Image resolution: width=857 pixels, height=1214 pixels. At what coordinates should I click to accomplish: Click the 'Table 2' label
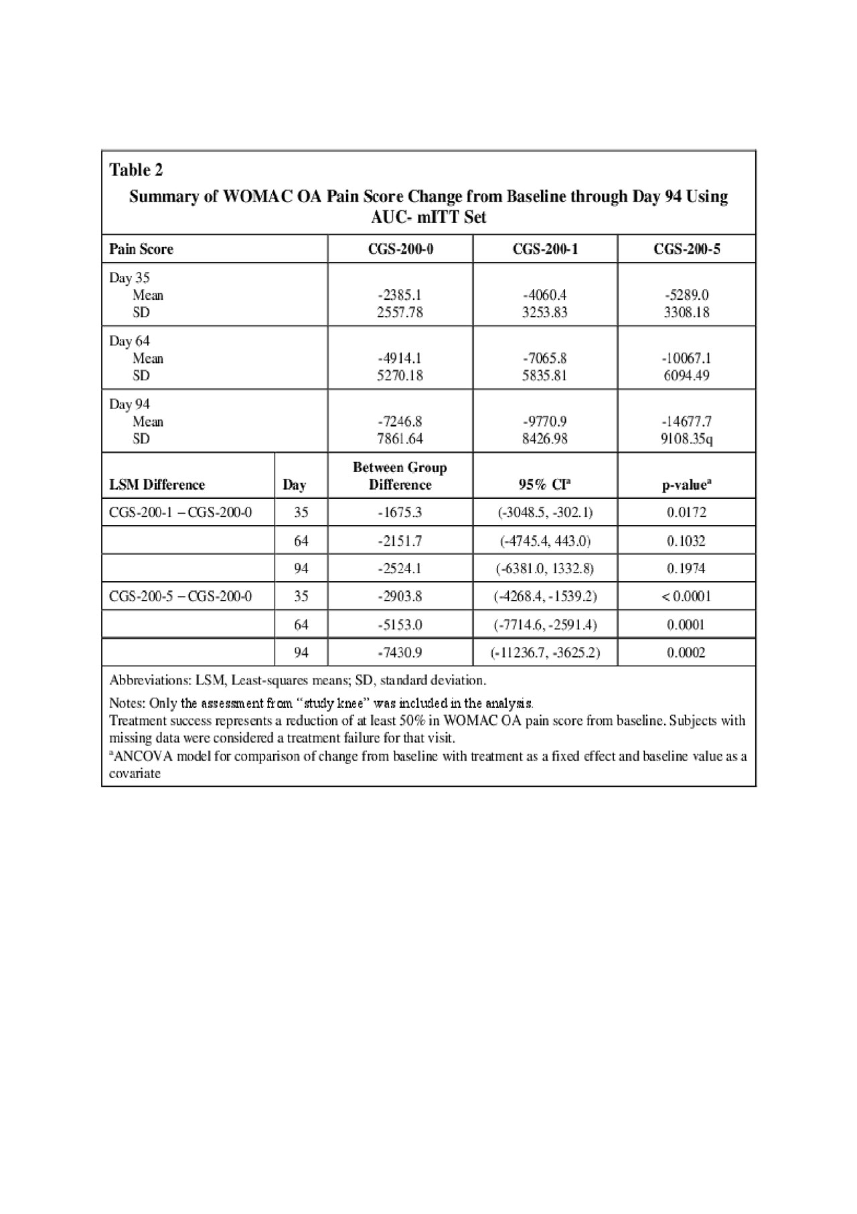tap(136, 170)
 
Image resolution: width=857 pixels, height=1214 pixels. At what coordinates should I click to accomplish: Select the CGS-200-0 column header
tap(400, 249)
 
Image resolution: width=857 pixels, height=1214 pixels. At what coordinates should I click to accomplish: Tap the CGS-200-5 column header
tap(686, 249)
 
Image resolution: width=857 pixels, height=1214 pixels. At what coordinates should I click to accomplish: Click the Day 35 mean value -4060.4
tap(545, 295)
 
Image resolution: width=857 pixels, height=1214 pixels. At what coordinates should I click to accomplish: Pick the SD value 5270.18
tap(400, 376)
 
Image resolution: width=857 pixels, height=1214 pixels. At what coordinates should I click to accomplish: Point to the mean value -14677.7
tap(686, 422)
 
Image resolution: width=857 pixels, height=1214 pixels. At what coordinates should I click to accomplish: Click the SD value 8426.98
tap(545, 439)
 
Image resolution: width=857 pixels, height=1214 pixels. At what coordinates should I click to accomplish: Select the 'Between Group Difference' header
tap(400, 476)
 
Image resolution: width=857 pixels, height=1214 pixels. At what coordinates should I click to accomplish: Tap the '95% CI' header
tap(545, 485)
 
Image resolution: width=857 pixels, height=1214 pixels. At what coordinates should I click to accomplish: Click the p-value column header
tap(686, 485)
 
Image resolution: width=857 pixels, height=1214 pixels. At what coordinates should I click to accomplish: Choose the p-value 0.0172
tap(686, 513)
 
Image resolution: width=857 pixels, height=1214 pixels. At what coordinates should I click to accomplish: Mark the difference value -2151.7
tap(400, 541)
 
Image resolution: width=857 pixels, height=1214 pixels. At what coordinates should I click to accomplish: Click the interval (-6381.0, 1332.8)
tap(545, 568)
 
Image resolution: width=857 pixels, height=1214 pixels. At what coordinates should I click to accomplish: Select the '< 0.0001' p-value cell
tap(686, 597)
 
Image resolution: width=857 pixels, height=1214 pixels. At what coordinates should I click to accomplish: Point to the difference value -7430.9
tap(400, 652)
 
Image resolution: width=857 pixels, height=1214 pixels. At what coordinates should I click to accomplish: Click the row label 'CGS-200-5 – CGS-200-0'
tap(181, 597)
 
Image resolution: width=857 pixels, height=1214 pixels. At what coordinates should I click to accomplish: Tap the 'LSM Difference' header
tap(157, 485)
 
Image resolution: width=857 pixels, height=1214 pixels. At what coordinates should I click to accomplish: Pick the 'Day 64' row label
tap(130, 342)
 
